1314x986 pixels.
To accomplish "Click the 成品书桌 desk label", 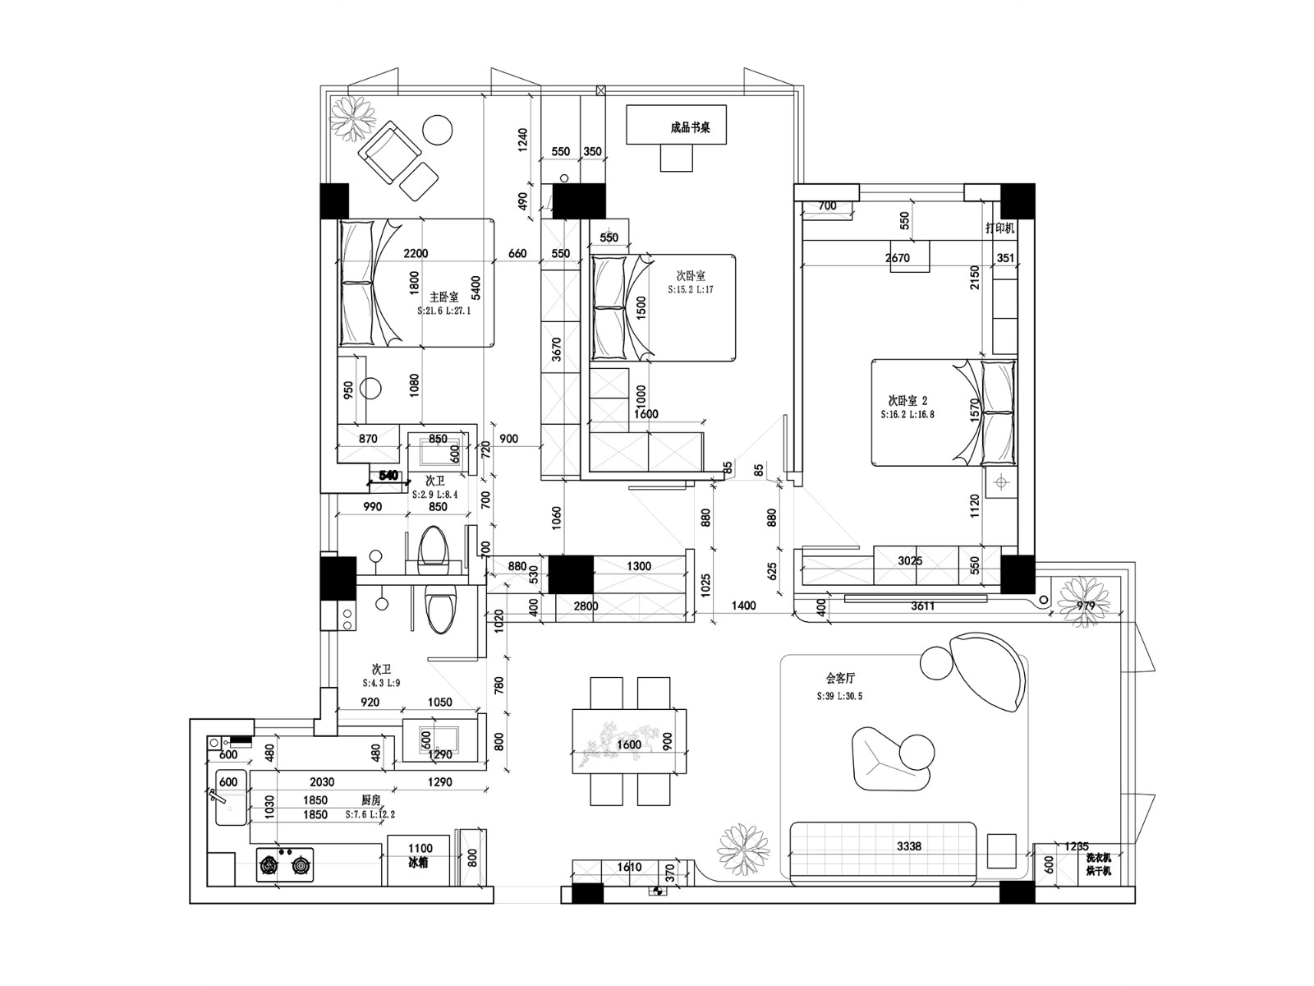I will click(689, 127).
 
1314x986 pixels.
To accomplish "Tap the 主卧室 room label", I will click(443, 297).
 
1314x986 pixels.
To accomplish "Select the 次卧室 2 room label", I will click(907, 400).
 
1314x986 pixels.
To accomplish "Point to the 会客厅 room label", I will click(840, 679).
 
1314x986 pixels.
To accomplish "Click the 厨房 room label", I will click(370, 799).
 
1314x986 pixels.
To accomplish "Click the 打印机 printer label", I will click(999, 228).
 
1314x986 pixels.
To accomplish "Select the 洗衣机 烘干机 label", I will click(1098, 864).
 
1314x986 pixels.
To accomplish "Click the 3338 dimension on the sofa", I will click(908, 845).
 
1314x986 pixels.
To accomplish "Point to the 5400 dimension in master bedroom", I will click(476, 288).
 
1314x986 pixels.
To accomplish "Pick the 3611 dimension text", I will click(921, 606).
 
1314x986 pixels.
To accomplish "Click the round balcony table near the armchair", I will click(437, 130).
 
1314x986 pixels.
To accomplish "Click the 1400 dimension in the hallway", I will click(742, 606).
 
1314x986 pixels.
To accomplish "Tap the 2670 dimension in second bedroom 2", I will click(897, 257).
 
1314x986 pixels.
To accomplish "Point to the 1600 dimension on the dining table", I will click(628, 744).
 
